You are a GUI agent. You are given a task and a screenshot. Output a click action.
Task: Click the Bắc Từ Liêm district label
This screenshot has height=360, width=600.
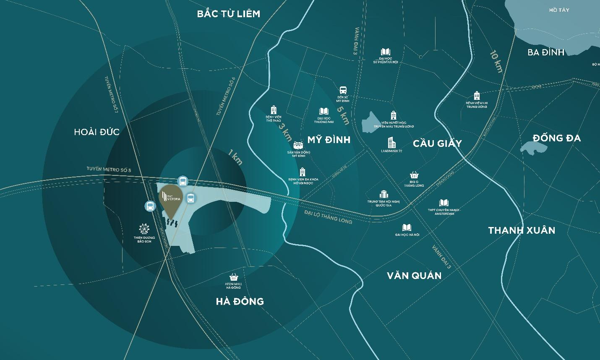(229, 14)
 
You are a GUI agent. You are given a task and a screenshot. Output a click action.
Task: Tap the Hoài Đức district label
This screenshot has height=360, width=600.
(97, 132)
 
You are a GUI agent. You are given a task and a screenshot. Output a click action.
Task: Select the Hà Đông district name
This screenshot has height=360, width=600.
(240, 301)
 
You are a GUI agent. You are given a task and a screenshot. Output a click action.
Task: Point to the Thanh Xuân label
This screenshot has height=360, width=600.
(522, 230)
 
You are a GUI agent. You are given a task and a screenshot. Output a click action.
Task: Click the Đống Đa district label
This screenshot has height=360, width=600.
(556, 138)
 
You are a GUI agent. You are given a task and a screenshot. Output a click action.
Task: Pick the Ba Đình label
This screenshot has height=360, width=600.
(546, 52)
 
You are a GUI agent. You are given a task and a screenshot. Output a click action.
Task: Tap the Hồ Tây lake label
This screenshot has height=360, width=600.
(559, 10)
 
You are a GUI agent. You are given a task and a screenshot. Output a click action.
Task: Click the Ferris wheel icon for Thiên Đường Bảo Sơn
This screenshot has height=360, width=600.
(144, 229)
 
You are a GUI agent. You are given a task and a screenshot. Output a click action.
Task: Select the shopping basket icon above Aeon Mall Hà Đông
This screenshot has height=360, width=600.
(234, 277)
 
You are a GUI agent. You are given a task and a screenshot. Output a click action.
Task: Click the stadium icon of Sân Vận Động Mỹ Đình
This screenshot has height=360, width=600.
(298, 145)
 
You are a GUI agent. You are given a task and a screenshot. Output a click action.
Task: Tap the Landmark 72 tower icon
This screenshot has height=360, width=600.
(391, 142)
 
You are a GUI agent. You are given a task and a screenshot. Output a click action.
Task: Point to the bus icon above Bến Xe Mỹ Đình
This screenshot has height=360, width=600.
(343, 90)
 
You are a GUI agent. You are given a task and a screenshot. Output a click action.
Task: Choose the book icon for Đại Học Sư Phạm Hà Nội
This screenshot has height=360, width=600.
(386, 52)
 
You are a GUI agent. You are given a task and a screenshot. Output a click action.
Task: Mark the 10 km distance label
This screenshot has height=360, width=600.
(496, 61)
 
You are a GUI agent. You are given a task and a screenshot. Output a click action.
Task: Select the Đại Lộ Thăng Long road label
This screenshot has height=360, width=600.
(328, 216)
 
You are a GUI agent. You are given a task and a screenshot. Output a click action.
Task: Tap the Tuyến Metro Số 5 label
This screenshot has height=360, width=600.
(109, 170)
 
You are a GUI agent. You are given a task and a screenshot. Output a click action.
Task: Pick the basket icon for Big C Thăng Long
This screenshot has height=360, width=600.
(414, 175)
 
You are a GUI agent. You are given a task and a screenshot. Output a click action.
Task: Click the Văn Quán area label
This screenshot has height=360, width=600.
(414, 276)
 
